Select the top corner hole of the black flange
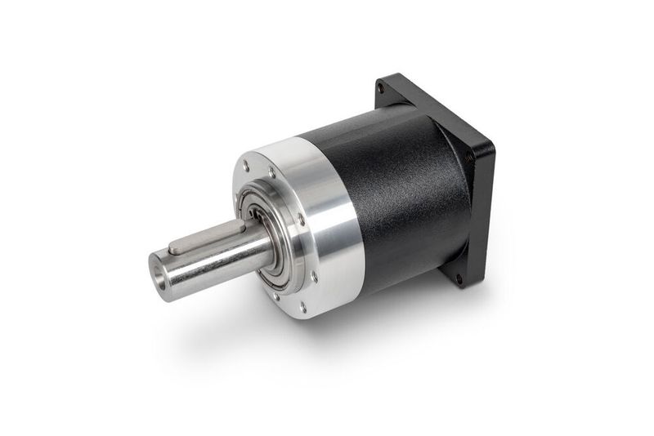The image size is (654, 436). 382,88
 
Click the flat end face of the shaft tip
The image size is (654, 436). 159,271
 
